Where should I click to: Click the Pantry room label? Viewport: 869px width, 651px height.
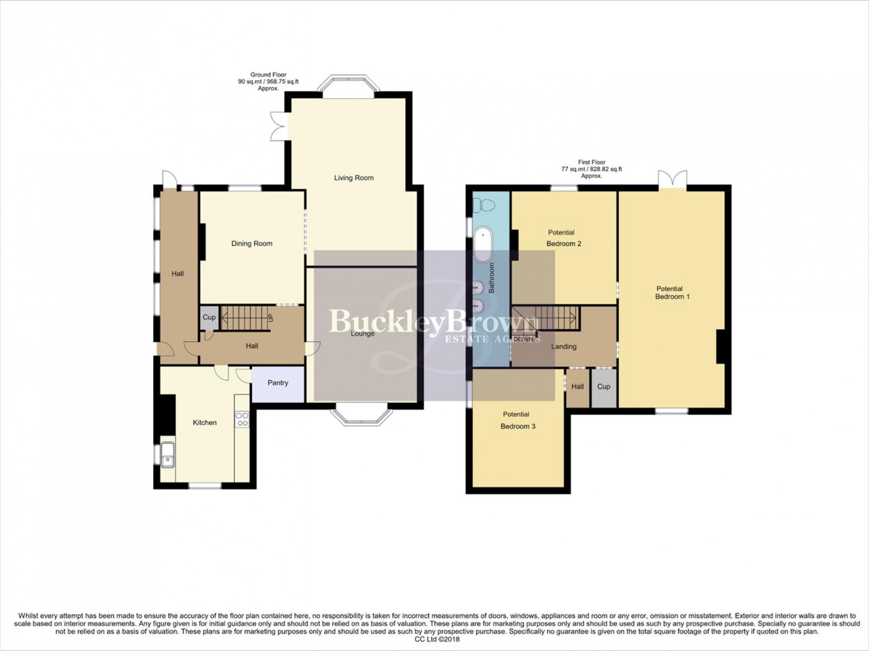click(x=278, y=383)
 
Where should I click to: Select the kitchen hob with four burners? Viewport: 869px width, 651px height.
click(x=242, y=419)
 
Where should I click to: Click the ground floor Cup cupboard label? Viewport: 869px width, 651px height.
click(x=209, y=317)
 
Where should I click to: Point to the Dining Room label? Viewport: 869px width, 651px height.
click(x=252, y=244)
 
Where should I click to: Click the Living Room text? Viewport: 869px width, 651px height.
click(x=354, y=178)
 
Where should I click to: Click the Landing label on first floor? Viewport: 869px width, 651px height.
click(x=563, y=347)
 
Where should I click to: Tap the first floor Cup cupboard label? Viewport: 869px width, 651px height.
click(x=603, y=387)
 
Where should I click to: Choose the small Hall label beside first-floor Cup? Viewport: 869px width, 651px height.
click(x=577, y=387)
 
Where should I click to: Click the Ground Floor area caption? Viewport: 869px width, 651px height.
click(x=268, y=81)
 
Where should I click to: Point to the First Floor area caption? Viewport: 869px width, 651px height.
click(x=591, y=169)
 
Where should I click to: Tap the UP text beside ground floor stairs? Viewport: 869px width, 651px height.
click(x=270, y=317)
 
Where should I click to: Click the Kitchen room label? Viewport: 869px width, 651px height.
click(x=204, y=423)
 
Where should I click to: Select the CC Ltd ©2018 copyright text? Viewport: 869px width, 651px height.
click(x=434, y=640)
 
